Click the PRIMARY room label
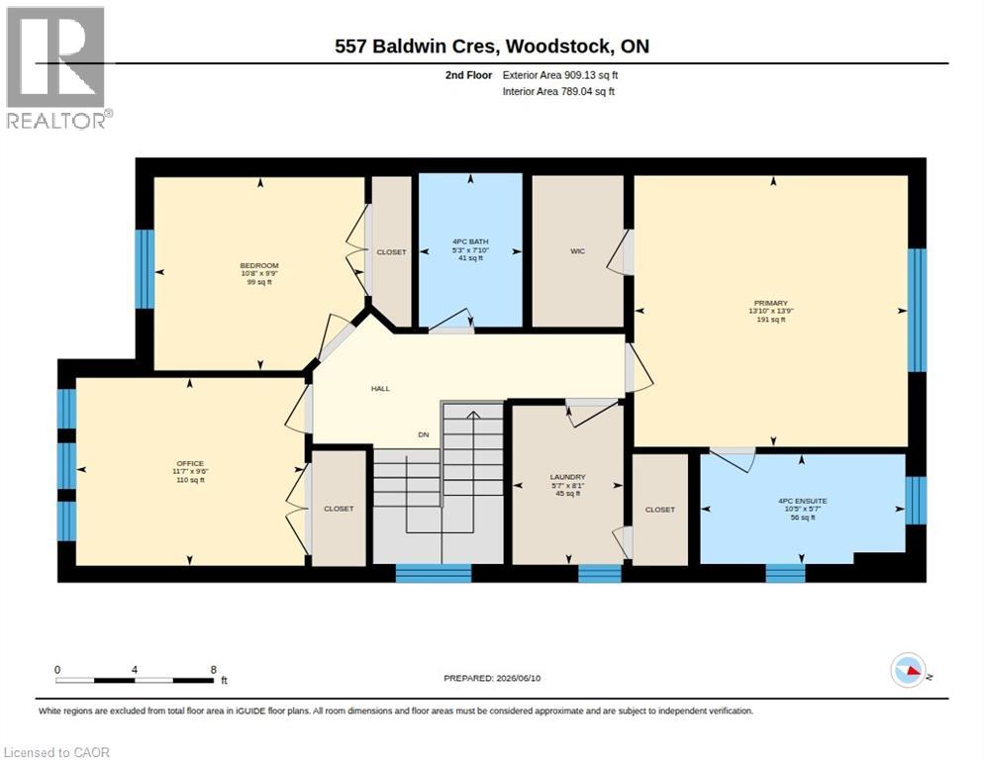pos(770,303)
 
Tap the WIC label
pos(577,251)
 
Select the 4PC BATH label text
pos(470,241)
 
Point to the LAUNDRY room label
pos(568,477)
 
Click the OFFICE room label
pos(190,464)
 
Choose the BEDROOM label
pos(259,265)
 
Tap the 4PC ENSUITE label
pos(803,501)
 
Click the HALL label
pos(380,389)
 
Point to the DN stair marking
pos(424,434)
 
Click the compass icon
pos(908,670)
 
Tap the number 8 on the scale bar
pos(214,670)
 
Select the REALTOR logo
pos(58,67)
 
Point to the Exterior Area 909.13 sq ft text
pos(560,75)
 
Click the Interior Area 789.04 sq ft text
pos(558,92)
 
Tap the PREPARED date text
pos(492,678)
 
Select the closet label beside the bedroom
pos(391,251)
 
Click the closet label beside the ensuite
pos(660,510)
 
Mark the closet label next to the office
pos(339,509)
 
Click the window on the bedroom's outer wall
pos(145,269)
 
